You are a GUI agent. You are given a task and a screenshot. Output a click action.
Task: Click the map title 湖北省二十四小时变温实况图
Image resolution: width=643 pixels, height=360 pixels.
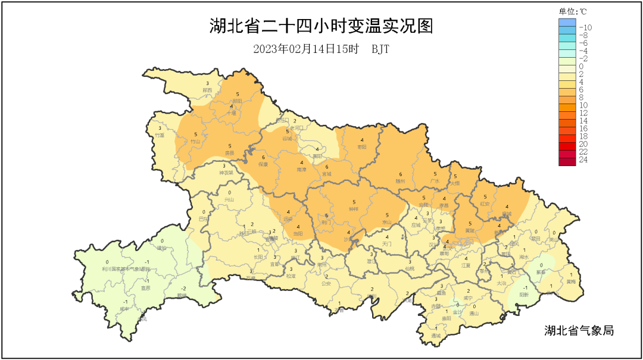tap(321, 26)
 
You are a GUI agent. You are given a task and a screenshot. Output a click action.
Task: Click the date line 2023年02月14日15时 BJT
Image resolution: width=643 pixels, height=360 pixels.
tap(321, 49)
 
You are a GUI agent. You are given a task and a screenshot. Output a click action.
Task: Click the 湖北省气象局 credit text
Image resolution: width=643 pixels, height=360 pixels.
tap(579, 330)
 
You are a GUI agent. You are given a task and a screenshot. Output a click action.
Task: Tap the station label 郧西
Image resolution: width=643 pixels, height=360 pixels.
tap(207, 90)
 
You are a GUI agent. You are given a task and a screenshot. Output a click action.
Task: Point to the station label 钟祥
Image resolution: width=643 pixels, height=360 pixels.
tap(354, 209)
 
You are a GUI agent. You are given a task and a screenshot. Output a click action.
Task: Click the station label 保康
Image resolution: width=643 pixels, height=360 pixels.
tap(263, 164)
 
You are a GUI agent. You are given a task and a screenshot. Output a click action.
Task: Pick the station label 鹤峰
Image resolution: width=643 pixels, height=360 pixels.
tap(182, 295)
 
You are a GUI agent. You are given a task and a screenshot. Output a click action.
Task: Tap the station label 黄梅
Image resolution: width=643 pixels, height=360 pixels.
tap(571, 281)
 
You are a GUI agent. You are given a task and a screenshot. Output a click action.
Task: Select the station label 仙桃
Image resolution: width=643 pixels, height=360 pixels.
tap(410, 268)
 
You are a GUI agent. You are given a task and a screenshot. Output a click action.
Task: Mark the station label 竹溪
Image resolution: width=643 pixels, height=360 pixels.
tap(160, 135)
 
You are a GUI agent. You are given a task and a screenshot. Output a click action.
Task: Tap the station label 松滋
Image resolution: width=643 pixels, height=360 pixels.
tap(291, 276)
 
